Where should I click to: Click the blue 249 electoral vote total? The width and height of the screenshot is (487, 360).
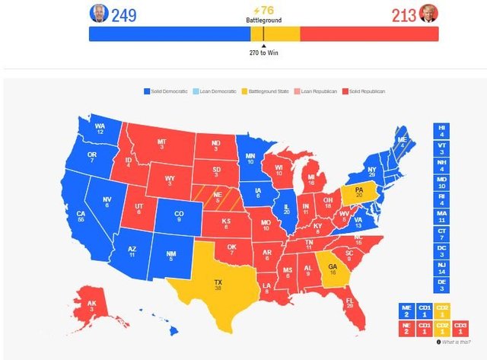coord(124,14)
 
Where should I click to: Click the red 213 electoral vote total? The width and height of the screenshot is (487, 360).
coord(404,14)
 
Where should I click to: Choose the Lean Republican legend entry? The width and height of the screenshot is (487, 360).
coord(318,91)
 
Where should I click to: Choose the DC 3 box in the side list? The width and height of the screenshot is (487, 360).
coord(442,248)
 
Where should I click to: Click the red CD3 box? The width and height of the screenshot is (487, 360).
coord(460,328)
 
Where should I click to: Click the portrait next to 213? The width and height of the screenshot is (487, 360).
coord(429,14)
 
